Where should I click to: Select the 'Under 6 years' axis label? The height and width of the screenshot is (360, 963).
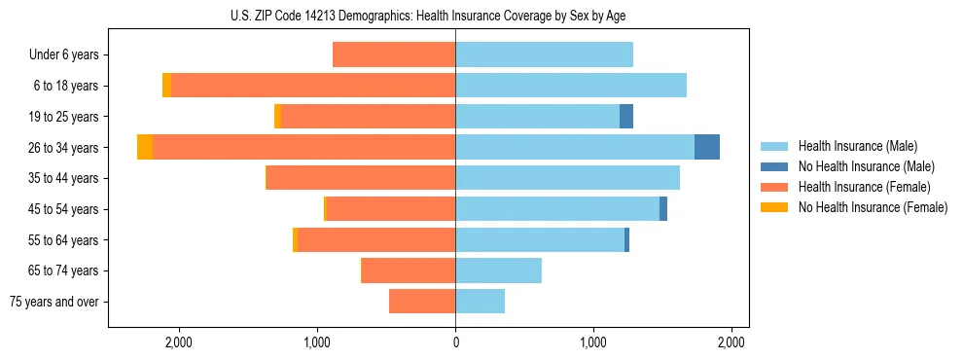tap(63, 55)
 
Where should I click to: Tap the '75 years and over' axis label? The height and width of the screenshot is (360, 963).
tap(54, 302)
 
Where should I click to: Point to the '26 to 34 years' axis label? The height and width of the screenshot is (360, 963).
tap(64, 148)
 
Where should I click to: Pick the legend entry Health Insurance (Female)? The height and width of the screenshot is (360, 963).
tap(864, 187)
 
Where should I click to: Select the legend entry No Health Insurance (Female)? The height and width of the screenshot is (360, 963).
tap(872, 207)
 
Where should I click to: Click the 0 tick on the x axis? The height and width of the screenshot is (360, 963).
tap(455, 342)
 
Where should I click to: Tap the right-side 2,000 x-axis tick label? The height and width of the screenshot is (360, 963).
tap(731, 342)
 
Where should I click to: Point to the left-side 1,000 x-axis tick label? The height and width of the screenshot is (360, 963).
tap(317, 342)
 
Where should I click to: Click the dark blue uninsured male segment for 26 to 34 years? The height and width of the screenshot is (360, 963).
tap(707, 147)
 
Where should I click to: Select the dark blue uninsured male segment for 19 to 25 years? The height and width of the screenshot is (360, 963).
tap(626, 116)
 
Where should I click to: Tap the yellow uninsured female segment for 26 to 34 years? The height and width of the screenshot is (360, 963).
tap(145, 147)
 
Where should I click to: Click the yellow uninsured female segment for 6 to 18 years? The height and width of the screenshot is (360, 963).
tap(167, 86)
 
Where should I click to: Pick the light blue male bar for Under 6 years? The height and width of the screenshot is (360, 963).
tap(544, 54)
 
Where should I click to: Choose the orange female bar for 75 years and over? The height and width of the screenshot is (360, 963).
tap(422, 302)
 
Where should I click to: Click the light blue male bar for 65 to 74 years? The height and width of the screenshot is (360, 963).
tap(498, 270)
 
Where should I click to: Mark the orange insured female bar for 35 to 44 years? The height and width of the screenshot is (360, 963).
tap(361, 178)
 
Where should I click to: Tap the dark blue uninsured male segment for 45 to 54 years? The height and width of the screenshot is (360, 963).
tap(663, 208)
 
